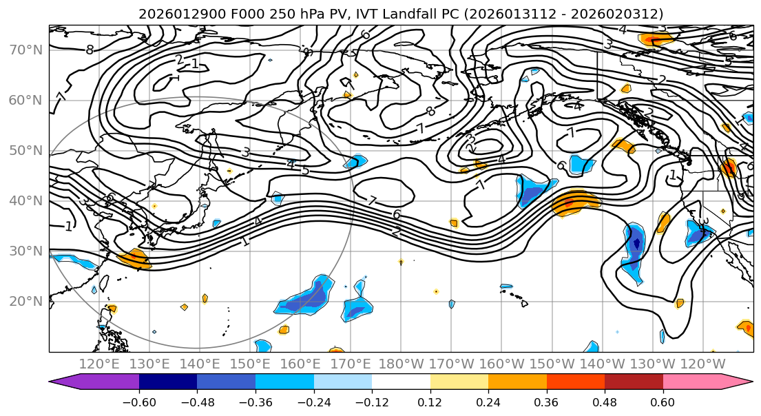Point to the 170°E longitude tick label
pyautogui.click(x=351, y=364)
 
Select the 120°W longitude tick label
pyautogui.click(x=703, y=364)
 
